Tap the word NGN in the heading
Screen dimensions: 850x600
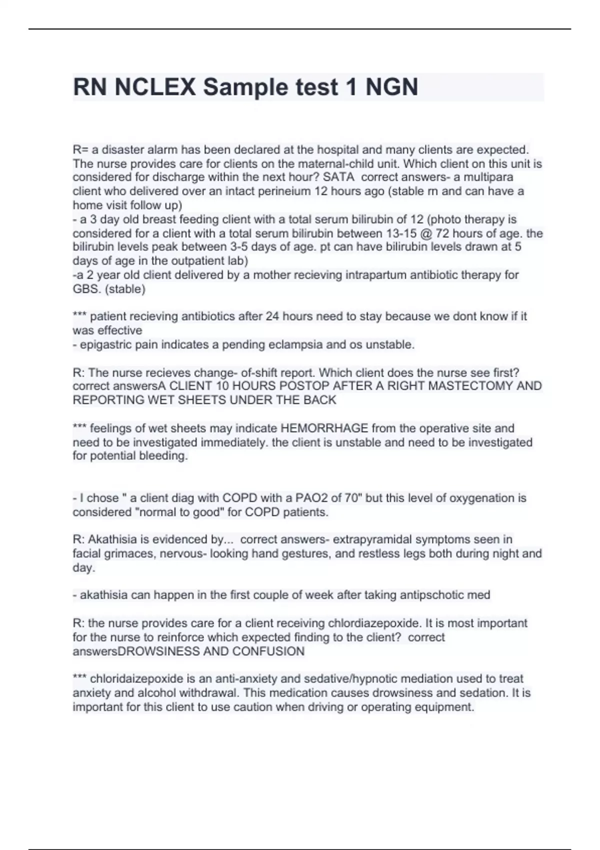[x=392, y=87]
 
